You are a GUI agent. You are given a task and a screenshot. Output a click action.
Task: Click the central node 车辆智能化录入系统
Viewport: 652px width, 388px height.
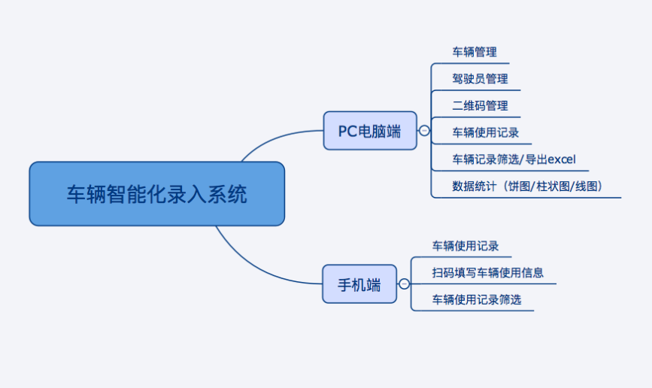(x=156, y=194)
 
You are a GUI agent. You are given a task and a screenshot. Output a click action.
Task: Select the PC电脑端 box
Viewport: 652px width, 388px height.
(x=369, y=131)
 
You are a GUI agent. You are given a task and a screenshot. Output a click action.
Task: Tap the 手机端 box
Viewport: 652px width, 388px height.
(x=359, y=284)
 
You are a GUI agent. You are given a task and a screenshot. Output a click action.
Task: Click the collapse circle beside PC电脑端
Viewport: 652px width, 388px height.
(x=424, y=131)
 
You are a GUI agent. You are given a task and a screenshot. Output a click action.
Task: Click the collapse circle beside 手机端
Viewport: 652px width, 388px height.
(x=404, y=284)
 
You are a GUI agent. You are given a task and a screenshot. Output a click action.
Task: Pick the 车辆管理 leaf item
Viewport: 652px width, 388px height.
(x=475, y=53)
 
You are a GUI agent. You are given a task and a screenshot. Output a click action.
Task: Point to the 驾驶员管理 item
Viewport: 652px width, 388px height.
(x=480, y=79)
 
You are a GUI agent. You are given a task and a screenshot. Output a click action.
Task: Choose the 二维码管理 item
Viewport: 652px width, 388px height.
(x=480, y=106)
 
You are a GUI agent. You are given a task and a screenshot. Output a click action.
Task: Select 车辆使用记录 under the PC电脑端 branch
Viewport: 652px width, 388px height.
(x=485, y=132)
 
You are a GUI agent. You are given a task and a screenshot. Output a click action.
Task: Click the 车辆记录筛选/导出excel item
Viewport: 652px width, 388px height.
(x=514, y=159)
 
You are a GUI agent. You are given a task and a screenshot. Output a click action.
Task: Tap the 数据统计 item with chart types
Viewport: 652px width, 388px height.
(x=526, y=186)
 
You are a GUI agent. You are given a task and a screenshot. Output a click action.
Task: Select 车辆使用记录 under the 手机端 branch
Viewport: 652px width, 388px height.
(x=465, y=246)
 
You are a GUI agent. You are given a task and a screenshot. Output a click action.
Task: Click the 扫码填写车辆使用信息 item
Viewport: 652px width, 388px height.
(x=487, y=272)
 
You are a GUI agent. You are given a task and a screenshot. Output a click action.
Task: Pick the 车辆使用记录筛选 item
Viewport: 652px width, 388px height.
(x=476, y=299)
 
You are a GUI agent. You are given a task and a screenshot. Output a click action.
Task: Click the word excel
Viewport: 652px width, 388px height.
(x=561, y=159)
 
